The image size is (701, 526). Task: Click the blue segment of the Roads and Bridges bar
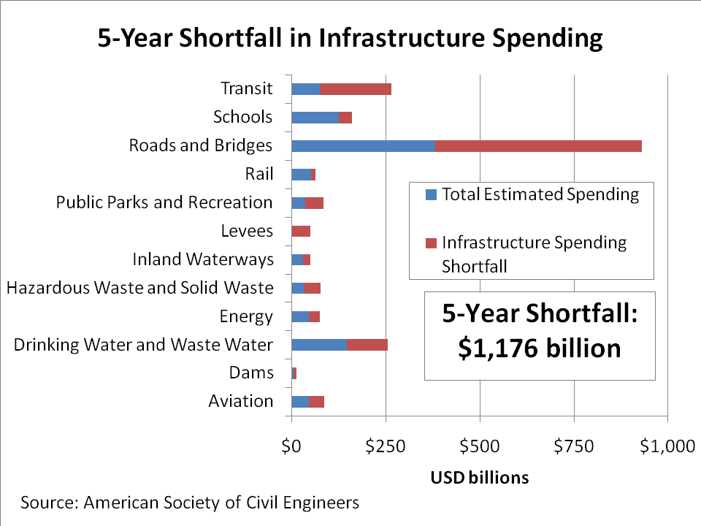point(363,145)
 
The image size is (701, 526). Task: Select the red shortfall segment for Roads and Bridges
point(538,145)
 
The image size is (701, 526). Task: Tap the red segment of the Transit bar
point(356,89)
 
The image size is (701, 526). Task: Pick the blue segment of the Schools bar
point(315,118)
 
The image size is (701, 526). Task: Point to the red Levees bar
point(301,231)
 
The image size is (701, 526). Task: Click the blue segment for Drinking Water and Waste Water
point(319,345)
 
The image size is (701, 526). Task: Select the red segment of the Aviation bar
point(317,401)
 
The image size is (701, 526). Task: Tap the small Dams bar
point(294,373)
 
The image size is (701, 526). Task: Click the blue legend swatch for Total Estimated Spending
point(430,195)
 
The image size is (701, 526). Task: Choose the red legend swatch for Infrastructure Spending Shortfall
point(430,243)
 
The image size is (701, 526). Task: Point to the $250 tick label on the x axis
point(386,446)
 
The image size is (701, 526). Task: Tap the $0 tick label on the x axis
point(291,446)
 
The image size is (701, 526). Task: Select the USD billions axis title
point(479,478)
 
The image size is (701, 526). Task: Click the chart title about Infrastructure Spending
point(350,38)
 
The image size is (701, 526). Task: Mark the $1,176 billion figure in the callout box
point(540,348)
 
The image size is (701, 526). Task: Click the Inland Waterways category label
point(203,259)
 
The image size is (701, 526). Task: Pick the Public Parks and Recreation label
point(164,202)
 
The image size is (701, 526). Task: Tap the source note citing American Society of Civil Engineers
point(190,503)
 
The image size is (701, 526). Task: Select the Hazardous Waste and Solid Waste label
point(139,288)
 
